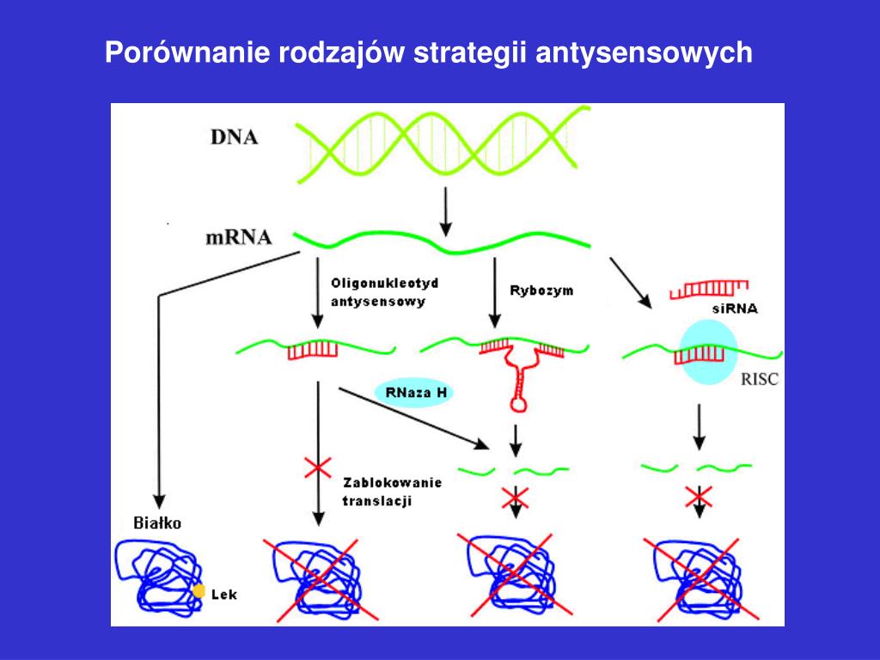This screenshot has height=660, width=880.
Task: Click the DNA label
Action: click(x=234, y=137)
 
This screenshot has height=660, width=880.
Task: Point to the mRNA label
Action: click(x=238, y=237)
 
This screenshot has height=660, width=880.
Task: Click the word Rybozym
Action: click(x=541, y=290)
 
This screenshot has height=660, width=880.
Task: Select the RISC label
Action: click(x=759, y=378)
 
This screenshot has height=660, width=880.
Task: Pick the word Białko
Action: click(x=157, y=522)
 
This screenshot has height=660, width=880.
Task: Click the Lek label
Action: click(x=226, y=594)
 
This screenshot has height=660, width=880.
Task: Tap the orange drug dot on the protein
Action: click(x=199, y=591)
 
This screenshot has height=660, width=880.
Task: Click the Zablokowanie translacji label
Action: click(x=391, y=491)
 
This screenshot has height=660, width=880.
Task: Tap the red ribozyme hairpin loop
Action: click(x=518, y=400)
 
